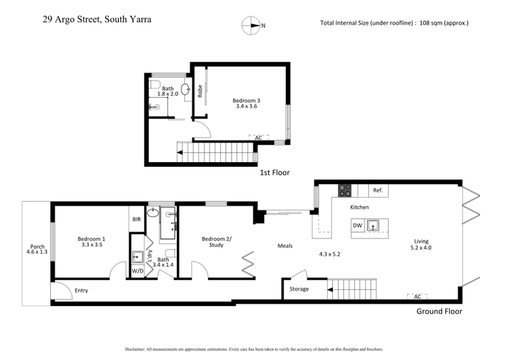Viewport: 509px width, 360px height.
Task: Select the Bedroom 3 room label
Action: click(x=246, y=101)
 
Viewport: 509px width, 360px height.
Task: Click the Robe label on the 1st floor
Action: click(x=200, y=92)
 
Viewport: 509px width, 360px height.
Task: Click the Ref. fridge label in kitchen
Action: click(x=377, y=190)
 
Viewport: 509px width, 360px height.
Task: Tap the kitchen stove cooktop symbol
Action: click(x=345, y=190)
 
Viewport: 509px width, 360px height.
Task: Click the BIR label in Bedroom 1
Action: click(x=136, y=219)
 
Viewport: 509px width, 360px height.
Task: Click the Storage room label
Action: click(x=299, y=289)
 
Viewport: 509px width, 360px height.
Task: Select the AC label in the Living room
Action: click(x=417, y=296)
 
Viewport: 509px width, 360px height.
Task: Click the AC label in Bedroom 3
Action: click(x=258, y=137)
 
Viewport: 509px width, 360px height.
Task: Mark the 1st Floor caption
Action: click(x=275, y=172)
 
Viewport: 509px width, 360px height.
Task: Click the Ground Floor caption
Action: click(x=439, y=312)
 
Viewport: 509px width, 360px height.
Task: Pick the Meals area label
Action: click(x=284, y=246)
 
